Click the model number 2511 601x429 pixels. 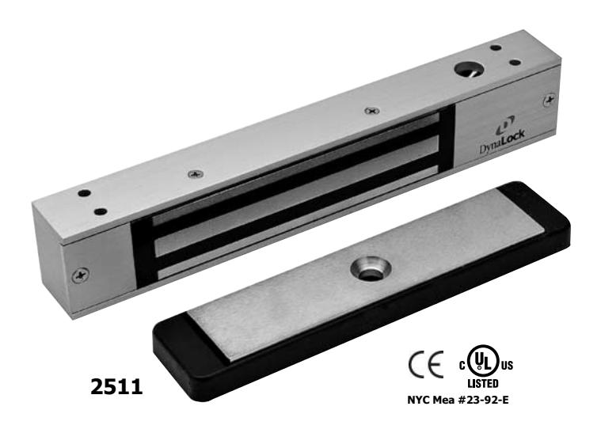tap(116, 386)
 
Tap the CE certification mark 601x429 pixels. tap(425, 364)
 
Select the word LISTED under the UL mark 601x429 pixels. tap(482, 383)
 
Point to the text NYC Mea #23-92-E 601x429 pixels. tap(458, 401)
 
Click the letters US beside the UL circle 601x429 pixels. tap(507, 366)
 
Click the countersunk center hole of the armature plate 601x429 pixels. tap(370, 270)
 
